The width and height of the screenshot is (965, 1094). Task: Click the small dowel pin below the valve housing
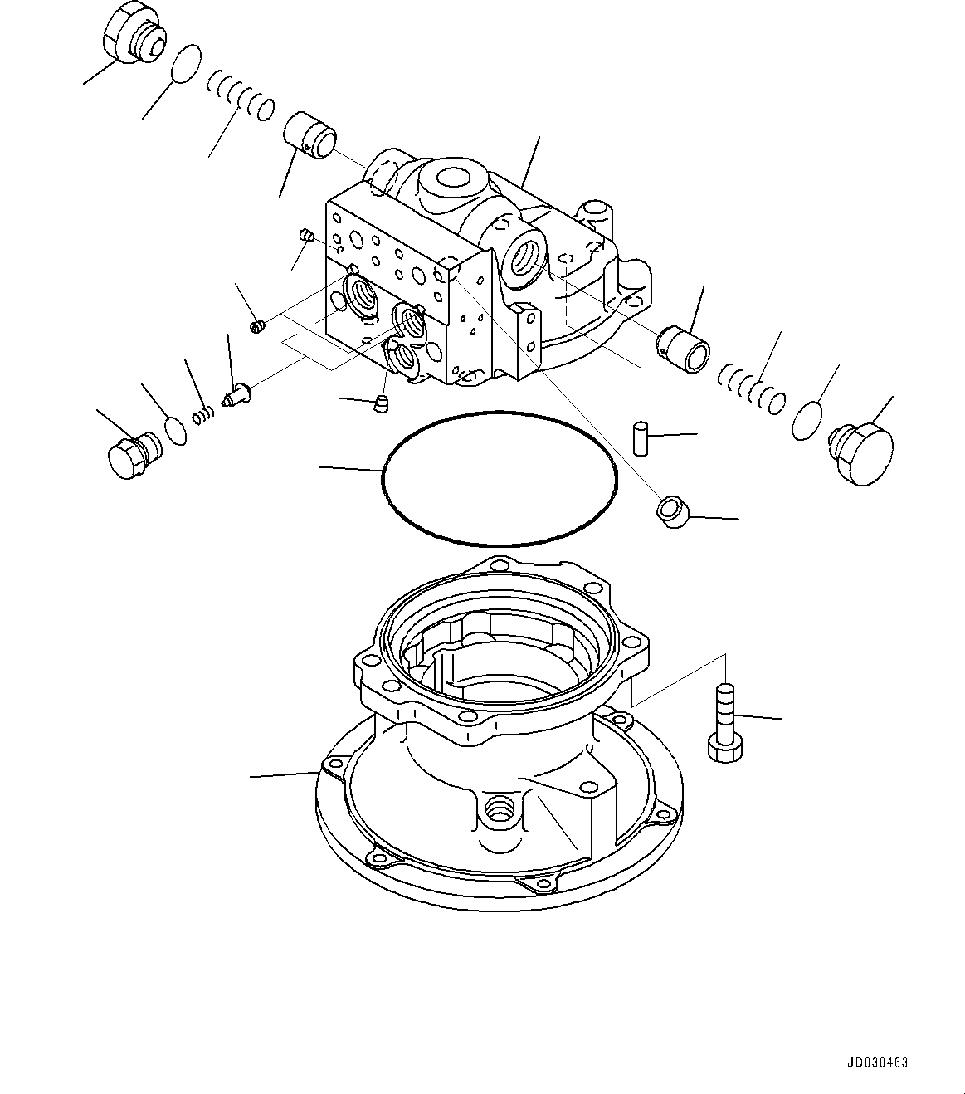pos(641,437)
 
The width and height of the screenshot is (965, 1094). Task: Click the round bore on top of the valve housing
pos(453,178)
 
